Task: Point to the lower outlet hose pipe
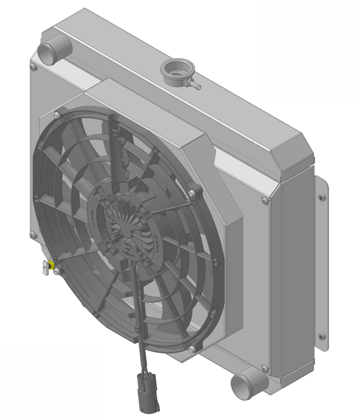pos(246,385)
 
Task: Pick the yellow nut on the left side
pos(51,265)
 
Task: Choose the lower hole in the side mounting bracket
pos(321,337)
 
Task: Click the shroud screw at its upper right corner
pos(265,201)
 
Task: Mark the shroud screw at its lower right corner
pos(265,368)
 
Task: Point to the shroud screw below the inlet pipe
pos(33,67)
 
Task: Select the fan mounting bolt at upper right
pos(192,193)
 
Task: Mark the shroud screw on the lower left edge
pos(33,234)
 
